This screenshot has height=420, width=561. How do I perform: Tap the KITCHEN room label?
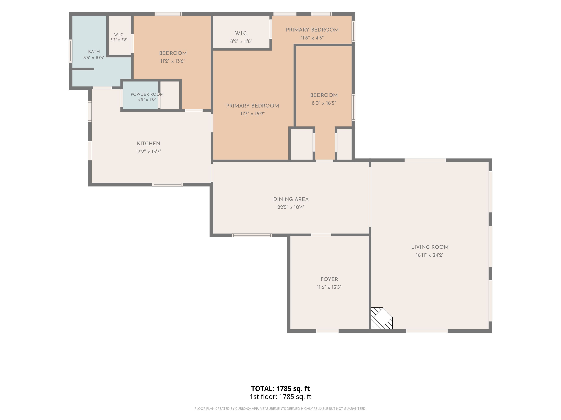[x=149, y=143]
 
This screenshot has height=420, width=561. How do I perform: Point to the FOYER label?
[x=329, y=279]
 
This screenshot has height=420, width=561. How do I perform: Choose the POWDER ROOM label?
[x=147, y=94]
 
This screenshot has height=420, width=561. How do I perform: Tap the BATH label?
[x=94, y=52]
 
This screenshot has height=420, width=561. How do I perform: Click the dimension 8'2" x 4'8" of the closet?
[x=241, y=41]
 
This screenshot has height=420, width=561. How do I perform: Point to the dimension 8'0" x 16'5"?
[x=324, y=103]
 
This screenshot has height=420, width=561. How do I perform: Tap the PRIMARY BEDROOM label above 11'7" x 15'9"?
[x=253, y=106]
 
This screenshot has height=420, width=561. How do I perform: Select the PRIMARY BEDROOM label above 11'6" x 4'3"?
[x=312, y=30]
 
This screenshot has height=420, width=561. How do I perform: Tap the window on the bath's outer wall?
[x=71, y=51]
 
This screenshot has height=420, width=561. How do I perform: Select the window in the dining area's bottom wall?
[x=252, y=235]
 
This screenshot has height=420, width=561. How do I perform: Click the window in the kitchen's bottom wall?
[x=167, y=185]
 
